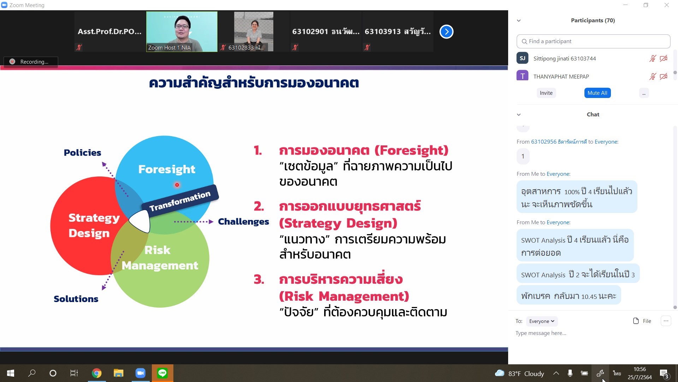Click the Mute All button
pyautogui.click(x=597, y=93)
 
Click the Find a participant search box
pyautogui.click(x=593, y=41)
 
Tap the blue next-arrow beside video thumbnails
pyautogui.click(x=446, y=32)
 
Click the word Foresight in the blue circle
pyautogui.click(x=167, y=169)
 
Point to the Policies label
pyautogui.click(x=82, y=153)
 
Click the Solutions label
pyautogui.click(x=76, y=299)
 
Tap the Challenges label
pyautogui.click(x=243, y=222)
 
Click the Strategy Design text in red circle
pyautogui.click(x=94, y=225)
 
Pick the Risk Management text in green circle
pyautogui.click(x=160, y=258)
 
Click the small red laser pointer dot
pyautogui.click(x=177, y=185)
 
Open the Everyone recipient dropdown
pyautogui.click(x=542, y=321)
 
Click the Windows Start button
pyautogui.click(x=11, y=373)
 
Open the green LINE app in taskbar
pyautogui.click(x=162, y=373)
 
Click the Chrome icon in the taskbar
pyautogui.click(x=96, y=373)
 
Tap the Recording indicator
pyautogui.click(x=31, y=62)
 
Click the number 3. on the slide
pyautogui.click(x=259, y=280)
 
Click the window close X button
pyautogui.click(x=667, y=5)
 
